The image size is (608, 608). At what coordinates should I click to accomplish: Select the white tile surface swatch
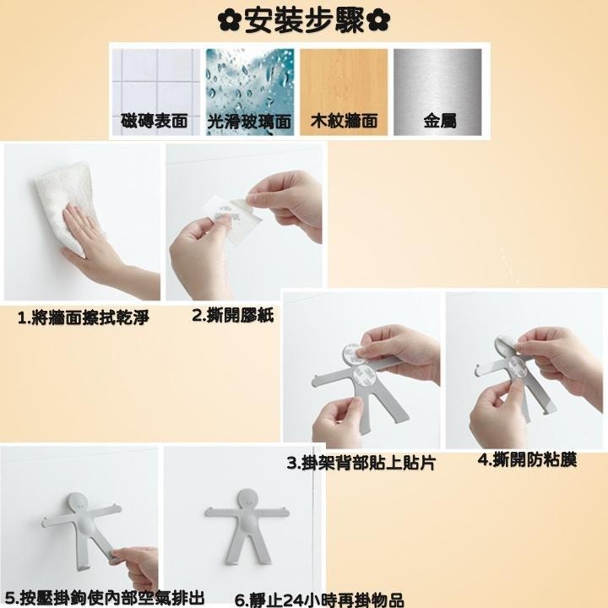coord(157,81)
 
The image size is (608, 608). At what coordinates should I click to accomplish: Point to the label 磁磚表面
coord(157,122)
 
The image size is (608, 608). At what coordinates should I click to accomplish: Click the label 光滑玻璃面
coord(249,122)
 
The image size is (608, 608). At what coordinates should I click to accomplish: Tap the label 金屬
coord(439,122)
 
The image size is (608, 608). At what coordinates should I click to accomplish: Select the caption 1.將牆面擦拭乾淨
coord(84,318)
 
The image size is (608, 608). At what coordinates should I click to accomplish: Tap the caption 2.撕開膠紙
coord(226,316)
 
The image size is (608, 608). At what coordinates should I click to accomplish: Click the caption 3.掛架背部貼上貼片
coord(361,463)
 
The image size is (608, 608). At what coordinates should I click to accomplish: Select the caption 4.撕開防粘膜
coord(527,460)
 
